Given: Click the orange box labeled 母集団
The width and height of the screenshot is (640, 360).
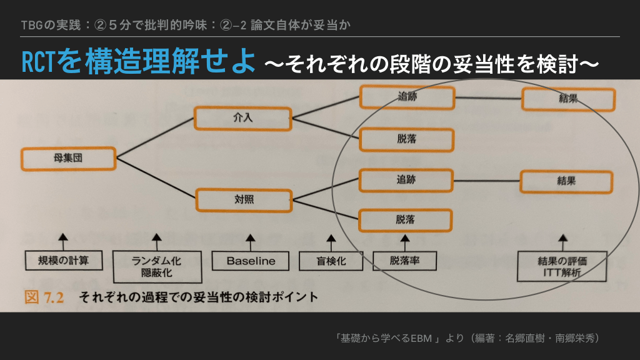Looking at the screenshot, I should pyautogui.click(x=68, y=159).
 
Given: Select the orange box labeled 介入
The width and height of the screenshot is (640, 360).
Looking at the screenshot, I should pyautogui.click(x=243, y=118).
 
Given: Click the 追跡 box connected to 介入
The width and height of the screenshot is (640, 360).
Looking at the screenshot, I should pyautogui.click(x=407, y=97).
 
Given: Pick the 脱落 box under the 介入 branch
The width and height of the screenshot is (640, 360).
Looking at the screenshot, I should pyautogui.click(x=407, y=139).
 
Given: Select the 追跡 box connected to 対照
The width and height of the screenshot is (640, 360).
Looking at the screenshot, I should pyautogui.click(x=406, y=179).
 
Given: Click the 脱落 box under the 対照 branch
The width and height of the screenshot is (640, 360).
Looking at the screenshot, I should pyautogui.click(x=406, y=219).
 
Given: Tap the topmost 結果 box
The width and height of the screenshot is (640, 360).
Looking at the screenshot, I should pyautogui.click(x=568, y=99).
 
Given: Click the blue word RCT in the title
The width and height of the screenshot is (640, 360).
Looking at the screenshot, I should pyautogui.click(x=39, y=62).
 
